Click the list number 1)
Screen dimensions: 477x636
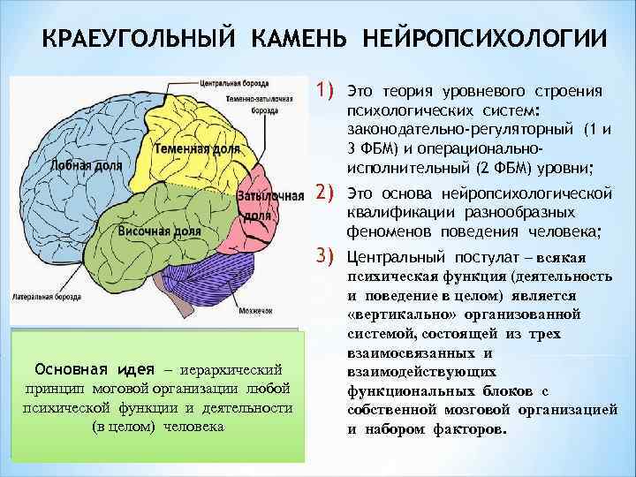click(x=329, y=89)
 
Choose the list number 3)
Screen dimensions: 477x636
click(x=329, y=257)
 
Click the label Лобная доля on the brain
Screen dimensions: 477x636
click(x=62, y=165)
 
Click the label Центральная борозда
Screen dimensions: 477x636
click(x=236, y=83)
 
